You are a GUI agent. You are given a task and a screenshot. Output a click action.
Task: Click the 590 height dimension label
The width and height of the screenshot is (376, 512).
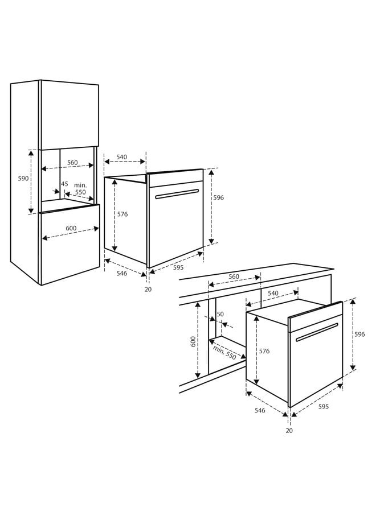pos(23,179)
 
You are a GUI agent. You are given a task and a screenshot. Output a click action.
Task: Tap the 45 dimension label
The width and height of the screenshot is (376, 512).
pos(64,184)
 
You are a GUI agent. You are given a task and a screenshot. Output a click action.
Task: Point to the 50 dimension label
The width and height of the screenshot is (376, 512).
pos(220,314)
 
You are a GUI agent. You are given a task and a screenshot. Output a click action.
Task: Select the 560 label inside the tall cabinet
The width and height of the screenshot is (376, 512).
pos(72,163)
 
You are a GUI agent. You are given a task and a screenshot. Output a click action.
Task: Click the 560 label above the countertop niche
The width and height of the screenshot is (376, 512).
pos(234,276)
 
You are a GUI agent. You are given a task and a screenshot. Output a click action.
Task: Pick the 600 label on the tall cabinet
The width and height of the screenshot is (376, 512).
pos(71,228)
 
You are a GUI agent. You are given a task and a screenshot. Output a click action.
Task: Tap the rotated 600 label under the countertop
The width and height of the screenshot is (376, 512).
pos(193,341)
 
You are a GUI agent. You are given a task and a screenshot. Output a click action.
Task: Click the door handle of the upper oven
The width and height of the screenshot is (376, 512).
pos(177,193)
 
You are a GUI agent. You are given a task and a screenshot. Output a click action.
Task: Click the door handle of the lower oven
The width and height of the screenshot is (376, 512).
pos(317,332)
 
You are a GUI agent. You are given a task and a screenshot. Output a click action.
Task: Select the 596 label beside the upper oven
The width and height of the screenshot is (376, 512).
pos(218,197)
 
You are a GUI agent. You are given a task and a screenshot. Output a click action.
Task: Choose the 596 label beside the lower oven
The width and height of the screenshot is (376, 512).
pos(359,335)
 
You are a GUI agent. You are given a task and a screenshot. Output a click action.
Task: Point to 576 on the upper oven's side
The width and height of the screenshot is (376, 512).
pos(122,214)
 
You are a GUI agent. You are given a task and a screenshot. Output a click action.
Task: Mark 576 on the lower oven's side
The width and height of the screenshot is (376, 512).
pos(264,351)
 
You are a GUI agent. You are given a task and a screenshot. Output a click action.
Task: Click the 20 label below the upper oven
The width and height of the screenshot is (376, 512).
pos(148,290)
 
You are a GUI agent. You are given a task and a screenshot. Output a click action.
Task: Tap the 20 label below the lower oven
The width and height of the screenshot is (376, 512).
pos(289,431)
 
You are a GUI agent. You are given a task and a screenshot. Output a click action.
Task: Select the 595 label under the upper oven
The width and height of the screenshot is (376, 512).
pos(178,267)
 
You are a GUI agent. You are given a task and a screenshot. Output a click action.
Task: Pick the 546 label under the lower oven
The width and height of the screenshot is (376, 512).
pos(260,410)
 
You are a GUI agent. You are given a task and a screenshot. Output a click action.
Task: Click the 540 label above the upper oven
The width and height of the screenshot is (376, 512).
pos(121,157)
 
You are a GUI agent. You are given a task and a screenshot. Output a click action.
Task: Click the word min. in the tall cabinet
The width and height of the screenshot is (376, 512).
pos(80,185)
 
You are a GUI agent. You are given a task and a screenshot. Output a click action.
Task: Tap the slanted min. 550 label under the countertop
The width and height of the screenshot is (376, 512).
pos(224,353)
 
